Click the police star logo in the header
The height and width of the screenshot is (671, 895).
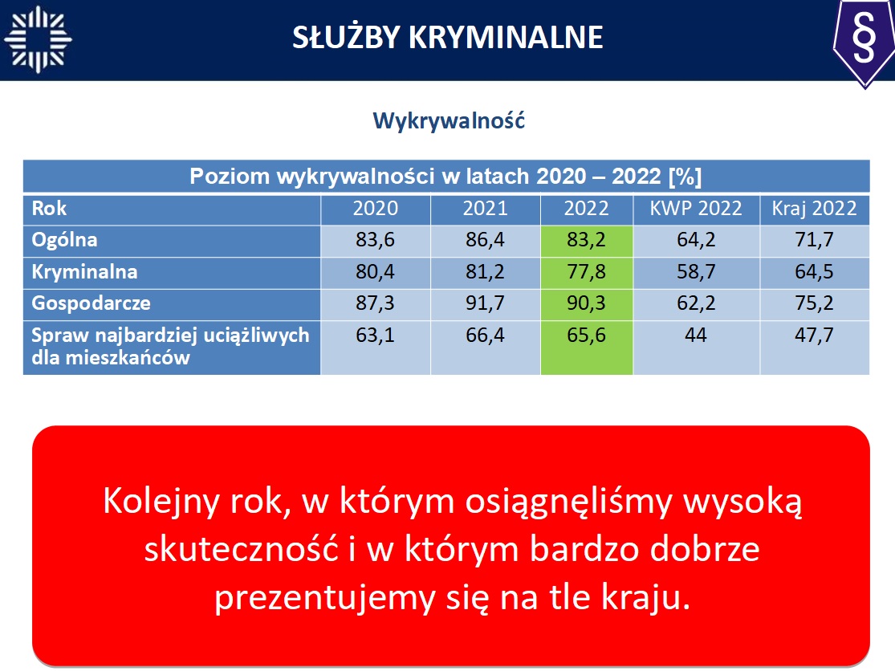38,39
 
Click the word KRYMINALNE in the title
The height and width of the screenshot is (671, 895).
506,38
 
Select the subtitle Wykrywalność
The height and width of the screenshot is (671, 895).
449,121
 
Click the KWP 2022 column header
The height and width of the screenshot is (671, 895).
696,208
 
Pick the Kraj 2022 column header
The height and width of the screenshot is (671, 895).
814,208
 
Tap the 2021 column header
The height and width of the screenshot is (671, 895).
485,208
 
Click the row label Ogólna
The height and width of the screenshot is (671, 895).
64,240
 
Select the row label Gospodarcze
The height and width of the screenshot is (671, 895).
91,303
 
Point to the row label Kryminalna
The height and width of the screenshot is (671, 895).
84,271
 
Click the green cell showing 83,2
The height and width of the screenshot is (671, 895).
587,240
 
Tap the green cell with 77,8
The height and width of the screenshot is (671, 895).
587,272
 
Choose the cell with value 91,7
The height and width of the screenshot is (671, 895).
485,303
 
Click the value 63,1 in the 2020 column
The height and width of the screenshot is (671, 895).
375,335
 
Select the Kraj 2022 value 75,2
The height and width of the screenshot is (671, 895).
814,303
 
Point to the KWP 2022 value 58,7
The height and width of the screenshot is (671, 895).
696,271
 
